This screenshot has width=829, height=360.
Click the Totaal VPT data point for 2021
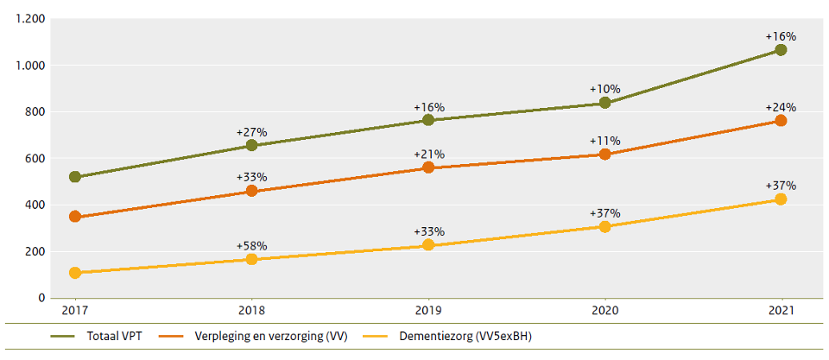[781, 50]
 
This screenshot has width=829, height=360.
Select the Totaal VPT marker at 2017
[75, 177]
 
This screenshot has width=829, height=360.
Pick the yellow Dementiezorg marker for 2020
[604, 226]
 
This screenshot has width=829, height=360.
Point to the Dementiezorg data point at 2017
[75, 273]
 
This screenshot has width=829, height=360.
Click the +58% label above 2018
[251, 246]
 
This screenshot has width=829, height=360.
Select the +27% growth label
[251, 132]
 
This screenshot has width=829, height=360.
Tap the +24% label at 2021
[781, 107]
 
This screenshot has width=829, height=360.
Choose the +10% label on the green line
[604, 89]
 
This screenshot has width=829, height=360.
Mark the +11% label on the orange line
[604, 141]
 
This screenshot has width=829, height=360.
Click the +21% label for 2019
[428, 154]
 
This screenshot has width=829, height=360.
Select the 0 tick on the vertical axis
[41, 299]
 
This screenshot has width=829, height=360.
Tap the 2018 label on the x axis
[251, 310]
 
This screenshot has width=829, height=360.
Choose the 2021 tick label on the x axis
[781, 310]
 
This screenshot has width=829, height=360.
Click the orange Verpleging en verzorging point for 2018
[251, 191]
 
